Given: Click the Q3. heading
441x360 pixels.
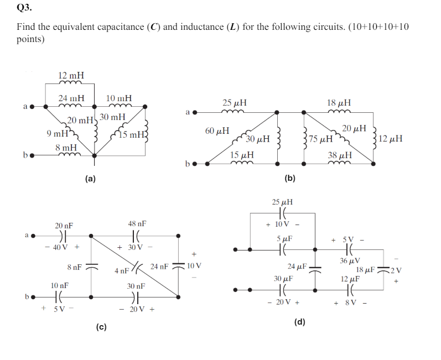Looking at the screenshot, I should (x=24, y=8).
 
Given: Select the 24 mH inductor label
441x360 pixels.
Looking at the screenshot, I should (x=71, y=98).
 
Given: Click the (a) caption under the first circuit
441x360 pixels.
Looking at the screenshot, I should (x=90, y=179).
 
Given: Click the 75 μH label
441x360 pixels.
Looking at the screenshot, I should (x=321, y=139).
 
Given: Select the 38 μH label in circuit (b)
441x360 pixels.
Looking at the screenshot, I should (x=339, y=155).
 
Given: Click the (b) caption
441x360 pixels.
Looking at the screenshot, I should (x=290, y=179).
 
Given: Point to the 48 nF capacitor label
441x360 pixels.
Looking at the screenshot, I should (x=137, y=223).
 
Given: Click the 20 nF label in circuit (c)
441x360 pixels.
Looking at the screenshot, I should (x=64, y=226).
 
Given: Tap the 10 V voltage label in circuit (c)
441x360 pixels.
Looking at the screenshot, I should (x=194, y=265).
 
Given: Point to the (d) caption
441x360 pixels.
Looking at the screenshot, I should (x=300, y=322).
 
